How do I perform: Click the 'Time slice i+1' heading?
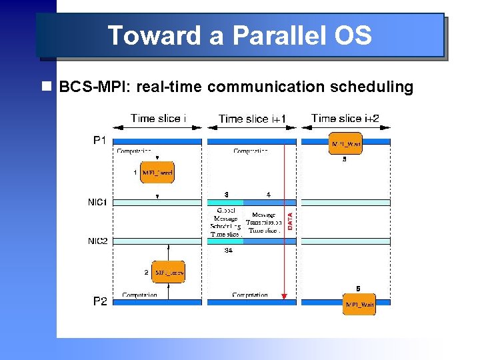point(252,119)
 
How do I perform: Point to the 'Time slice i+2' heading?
point(345,118)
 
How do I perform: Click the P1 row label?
point(99,141)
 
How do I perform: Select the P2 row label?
point(99,301)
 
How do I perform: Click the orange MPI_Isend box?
point(157,173)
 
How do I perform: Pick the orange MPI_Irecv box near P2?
point(169,272)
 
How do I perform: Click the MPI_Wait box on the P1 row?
point(346,143)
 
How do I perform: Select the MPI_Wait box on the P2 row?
point(359,304)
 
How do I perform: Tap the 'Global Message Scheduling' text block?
point(225,222)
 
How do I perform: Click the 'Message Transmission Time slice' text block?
point(263,223)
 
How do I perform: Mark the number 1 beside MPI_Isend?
point(135,173)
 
